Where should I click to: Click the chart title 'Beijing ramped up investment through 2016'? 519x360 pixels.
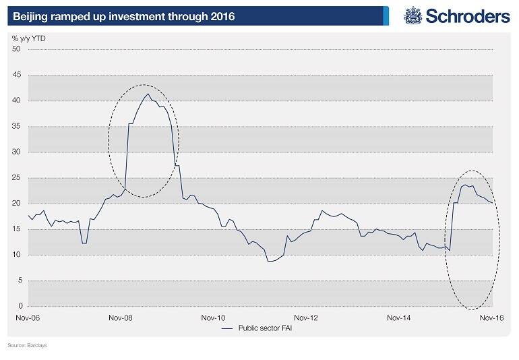coord(124,16)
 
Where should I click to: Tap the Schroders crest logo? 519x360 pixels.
coord(413,16)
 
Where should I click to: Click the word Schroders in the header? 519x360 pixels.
coord(467,16)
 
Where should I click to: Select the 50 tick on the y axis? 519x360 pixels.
coord(18,49)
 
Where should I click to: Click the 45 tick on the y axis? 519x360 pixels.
coord(18,75)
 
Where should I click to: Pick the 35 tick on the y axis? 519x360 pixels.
coord(18,126)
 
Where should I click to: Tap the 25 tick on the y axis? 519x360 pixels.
coord(18,178)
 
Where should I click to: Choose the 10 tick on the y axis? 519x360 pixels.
coord(18,255)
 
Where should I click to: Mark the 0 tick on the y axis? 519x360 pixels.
coord(20,306)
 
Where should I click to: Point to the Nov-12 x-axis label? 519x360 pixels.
coord(305,317)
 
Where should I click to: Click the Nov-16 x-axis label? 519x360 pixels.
coord(491,317)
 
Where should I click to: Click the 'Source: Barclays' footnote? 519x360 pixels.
coord(28,345)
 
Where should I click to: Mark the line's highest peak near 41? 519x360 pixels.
coord(148,94)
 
